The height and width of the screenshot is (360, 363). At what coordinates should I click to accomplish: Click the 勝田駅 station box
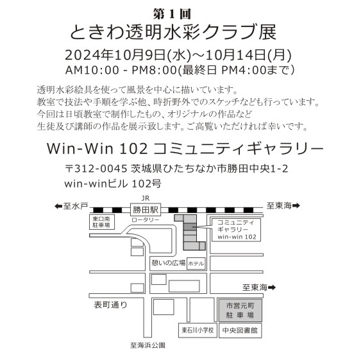click(146, 210)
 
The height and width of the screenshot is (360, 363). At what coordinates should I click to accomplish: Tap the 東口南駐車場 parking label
click(101, 222)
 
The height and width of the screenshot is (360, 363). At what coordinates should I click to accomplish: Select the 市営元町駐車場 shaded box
click(241, 311)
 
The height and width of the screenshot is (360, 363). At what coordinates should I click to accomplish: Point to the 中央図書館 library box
click(241, 330)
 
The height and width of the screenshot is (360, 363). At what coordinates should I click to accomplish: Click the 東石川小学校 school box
click(198, 330)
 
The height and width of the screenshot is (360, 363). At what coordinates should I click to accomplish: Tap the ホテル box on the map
click(196, 264)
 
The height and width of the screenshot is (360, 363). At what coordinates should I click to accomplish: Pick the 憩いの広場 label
click(169, 262)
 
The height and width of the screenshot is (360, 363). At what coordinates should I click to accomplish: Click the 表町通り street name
click(111, 305)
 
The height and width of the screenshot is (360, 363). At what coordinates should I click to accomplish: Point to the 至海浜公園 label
click(148, 345)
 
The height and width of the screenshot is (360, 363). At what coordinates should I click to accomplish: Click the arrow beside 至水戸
click(58, 206)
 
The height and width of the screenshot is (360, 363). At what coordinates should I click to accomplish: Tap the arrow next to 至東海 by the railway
click(296, 205)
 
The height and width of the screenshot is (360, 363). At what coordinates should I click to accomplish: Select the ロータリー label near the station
click(146, 220)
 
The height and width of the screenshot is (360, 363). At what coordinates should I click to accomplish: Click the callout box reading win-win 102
click(237, 230)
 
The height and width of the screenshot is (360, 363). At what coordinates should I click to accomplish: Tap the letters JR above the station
click(146, 198)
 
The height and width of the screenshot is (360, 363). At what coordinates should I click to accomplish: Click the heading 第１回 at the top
click(172, 14)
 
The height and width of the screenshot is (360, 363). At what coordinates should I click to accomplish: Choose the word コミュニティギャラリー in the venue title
click(239, 148)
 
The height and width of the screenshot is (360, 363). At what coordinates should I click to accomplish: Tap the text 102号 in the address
click(146, 184)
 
